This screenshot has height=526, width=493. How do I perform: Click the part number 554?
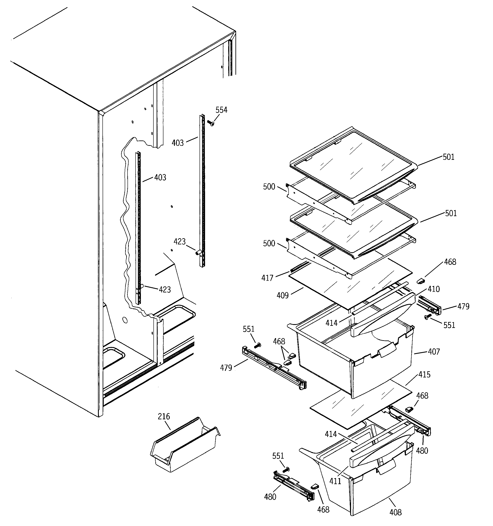(221, 110)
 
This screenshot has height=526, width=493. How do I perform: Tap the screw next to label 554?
(211, 123)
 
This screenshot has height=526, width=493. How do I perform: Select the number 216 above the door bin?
(164, 417)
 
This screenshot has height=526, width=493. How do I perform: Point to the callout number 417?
(267, 278)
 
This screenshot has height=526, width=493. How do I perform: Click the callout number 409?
(282, 295)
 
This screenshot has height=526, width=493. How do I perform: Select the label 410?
(434, 289)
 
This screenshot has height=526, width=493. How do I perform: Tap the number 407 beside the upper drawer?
(434, 352)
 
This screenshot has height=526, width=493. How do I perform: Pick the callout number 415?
(424, 375)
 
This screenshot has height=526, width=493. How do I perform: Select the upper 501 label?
(449, 157)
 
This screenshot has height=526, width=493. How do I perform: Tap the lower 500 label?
(269, 243)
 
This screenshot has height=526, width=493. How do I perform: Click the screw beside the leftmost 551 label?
(257, 345)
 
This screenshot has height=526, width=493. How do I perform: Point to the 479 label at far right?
(463, 306)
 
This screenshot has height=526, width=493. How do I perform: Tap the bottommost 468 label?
(323, 509)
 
